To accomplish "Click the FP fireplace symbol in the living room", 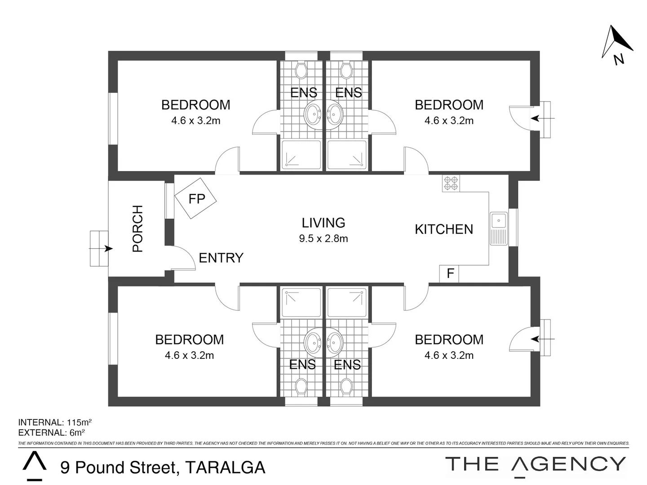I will (x=196, y=198).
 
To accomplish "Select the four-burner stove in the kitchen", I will (x=451, y=183).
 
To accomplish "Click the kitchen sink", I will (x=498, y=228).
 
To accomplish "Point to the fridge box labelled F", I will (x=449, y=273).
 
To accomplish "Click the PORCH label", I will (x=137, y=228).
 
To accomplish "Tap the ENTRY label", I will (x=221, y=258).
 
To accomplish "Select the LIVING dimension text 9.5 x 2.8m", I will (x=323, y=238).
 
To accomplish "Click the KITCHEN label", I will (x=443, y=229).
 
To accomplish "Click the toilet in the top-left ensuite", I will (x=301, y=70).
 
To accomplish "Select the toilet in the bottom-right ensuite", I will (x=346, y=386).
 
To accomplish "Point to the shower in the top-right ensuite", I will (x=347, y=155).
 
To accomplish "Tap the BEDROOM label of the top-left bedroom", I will (x=195, y=105).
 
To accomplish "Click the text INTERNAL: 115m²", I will (x=55, y=422).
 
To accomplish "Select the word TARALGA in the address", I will (x=225, y=467).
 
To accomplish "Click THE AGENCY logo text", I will (x=536, y=464).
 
